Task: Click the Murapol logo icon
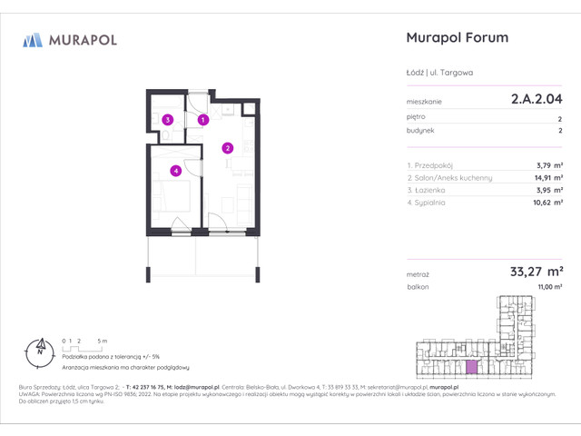coord(33,40)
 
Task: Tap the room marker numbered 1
coord(203,119)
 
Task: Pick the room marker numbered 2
coord(229,148)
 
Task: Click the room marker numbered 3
coord(167,119)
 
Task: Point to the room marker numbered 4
coord(176,170)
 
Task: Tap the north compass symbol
coord(40,346)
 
